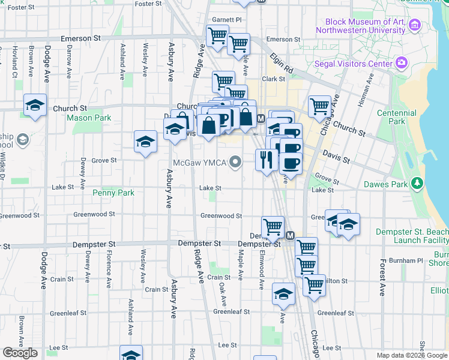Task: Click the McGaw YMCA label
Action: (x=199, y=163)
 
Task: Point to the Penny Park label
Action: (x=113, y=193)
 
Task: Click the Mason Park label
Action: (x=89, y=118)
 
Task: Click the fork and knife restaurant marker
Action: (x=265, y=160)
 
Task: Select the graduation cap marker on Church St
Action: (x=35, y=105)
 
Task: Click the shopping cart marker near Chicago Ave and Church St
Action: (x=319, y=107)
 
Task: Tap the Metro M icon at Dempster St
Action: (x=290, y=236)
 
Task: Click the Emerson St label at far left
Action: (x=80, y=38)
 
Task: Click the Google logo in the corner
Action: (x=20, y=353)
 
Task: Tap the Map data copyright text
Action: (x=412, y=355)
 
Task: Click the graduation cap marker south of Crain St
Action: (x=283, y=293)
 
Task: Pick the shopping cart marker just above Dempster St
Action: (x=273, y=226)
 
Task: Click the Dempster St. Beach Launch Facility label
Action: (x=412, y=236)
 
